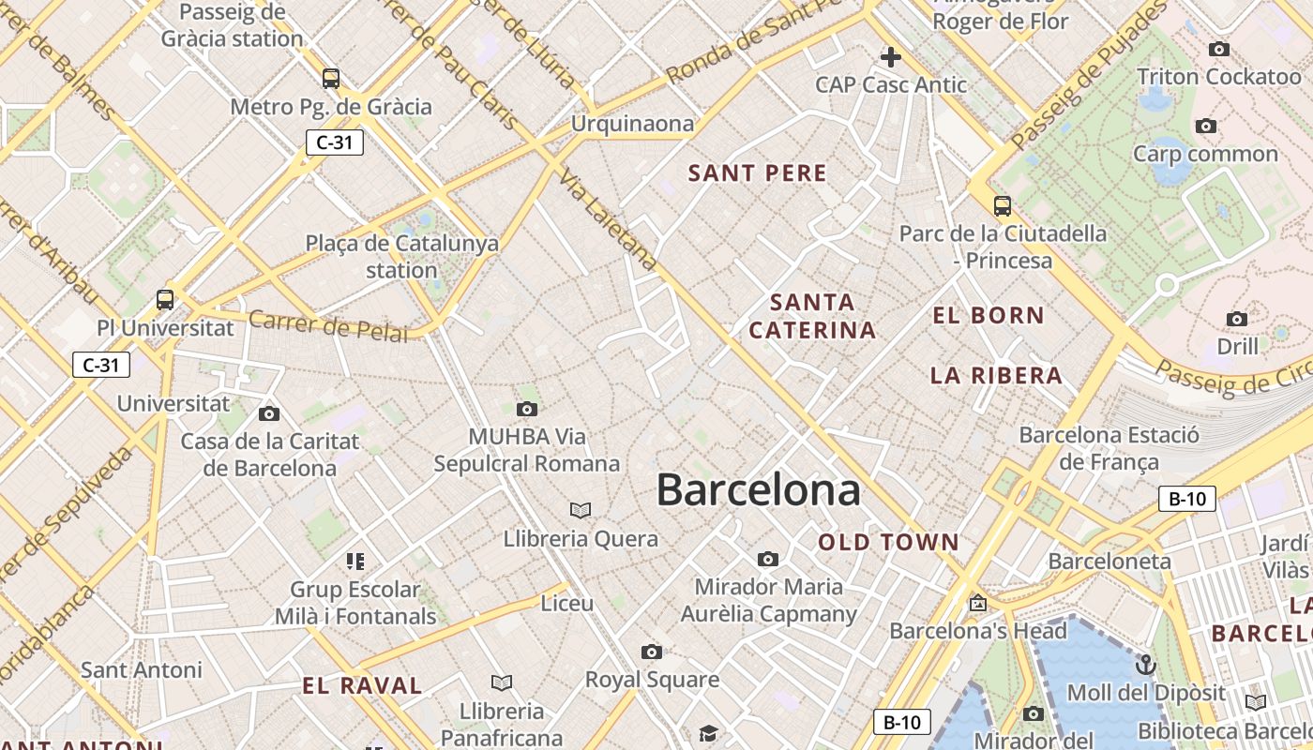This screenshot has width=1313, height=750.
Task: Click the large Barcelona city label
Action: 758,490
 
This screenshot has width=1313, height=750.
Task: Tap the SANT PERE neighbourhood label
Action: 758,173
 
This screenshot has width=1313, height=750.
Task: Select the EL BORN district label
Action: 989,316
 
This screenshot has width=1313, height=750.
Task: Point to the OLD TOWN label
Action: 889,543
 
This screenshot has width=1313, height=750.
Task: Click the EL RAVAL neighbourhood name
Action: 362,685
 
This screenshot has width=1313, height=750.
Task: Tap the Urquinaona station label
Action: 633,124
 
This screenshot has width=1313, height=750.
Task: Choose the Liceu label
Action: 567,603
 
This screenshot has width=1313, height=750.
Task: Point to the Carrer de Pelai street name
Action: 328,326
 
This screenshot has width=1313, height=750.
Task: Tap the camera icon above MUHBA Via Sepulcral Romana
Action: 527,409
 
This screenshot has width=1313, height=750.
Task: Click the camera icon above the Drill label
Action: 1237,320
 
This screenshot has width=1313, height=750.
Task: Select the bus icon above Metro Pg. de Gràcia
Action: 330,79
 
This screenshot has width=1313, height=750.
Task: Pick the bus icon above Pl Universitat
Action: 165,300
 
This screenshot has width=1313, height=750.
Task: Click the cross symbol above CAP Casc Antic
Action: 890,57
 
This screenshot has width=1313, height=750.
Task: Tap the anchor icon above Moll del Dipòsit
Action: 1146,666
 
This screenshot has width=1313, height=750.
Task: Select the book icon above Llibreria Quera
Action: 581,510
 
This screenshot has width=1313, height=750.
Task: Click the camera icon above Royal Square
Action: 652,652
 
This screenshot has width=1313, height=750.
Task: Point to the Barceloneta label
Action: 1109,562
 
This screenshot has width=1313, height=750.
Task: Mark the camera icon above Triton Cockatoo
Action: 1219,49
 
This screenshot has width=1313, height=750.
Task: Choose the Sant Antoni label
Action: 142,670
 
